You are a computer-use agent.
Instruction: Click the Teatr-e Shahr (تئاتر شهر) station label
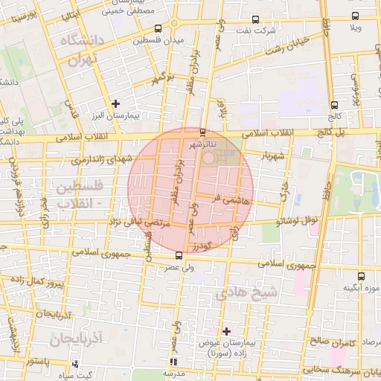[x=203, y=143]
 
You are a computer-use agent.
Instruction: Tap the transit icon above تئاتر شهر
[x=203, y=132]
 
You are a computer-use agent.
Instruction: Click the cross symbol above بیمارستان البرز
[x=115, y=103]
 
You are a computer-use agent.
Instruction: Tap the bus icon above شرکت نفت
[x=256, y=20]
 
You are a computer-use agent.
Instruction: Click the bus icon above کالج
[x=334, y=105]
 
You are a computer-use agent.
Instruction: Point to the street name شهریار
[x=272, y=157]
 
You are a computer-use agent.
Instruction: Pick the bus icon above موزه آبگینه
[x=361, y=276]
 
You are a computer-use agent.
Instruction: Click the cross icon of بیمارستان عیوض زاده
[x=227, y=330]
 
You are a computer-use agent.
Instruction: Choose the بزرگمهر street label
[x=164, y=78]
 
